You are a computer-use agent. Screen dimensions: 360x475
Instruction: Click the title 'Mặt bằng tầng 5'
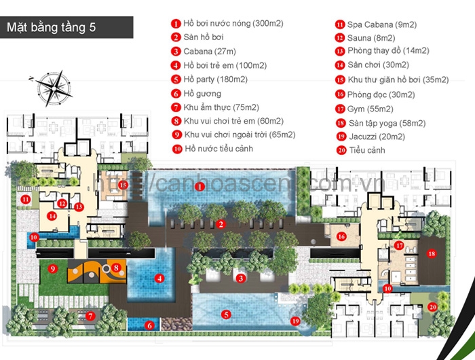(52, 28)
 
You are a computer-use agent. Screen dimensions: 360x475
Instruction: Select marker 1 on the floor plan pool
(199, 186)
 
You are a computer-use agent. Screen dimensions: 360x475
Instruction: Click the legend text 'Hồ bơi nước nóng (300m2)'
(233, 24)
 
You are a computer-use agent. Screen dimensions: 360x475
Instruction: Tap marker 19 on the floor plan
(295, 321)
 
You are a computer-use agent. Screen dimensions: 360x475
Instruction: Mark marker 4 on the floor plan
(159, 277)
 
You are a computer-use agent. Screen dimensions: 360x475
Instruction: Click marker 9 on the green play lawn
(52, 269)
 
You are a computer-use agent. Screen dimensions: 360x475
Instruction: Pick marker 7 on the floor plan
(90, 315)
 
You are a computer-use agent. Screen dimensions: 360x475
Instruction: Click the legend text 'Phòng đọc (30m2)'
(381, 94)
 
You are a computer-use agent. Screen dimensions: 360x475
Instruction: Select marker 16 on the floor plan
(342, 236)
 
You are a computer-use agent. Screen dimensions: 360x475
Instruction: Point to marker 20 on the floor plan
(432, 307)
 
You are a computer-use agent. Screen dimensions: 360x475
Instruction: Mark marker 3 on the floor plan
(240, 277)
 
